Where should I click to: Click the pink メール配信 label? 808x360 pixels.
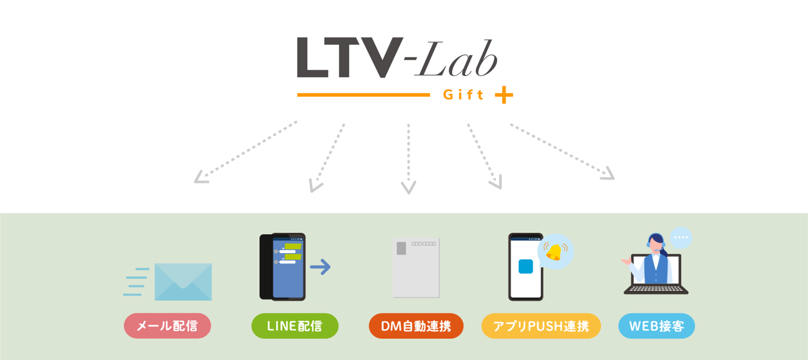point(167,326)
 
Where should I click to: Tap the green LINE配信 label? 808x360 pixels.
point(295,326)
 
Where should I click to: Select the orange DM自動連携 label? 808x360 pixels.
point(416,326)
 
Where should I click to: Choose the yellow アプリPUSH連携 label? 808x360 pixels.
point(541,326)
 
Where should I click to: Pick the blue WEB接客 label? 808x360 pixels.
point(656,326)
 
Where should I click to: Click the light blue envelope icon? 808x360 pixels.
point(183,282)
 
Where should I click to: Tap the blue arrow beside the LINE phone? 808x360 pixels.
point(321,267)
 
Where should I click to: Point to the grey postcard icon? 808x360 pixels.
point(416,267)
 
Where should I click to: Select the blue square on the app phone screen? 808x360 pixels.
point(525,266)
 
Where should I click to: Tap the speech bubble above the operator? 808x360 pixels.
point(681,238)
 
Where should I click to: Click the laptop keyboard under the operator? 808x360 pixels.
point(656,288)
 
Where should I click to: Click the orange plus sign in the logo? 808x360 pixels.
point(504,95)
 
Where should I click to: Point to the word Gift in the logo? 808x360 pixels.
point(463,95)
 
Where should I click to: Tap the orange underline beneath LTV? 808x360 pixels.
point(363,95)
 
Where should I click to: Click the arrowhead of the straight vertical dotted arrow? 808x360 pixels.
point(408,188)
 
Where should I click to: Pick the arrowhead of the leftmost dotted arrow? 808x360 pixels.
point(200,178)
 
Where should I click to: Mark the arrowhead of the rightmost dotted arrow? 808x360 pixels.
point(609,175)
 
